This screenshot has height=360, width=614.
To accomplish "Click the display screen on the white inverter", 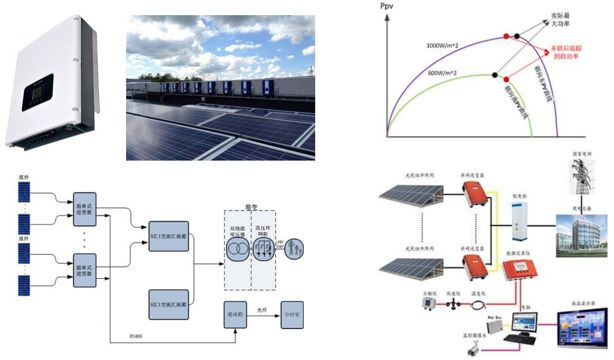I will [38, 92].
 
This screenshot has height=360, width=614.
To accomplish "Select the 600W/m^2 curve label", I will [442, 73].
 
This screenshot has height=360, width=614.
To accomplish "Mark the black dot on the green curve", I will [495, 75].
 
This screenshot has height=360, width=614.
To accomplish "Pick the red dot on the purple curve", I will [507, 36].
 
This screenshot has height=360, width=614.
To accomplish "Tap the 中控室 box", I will [291, 315].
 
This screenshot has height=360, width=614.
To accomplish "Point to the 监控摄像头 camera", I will [475, 348].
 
